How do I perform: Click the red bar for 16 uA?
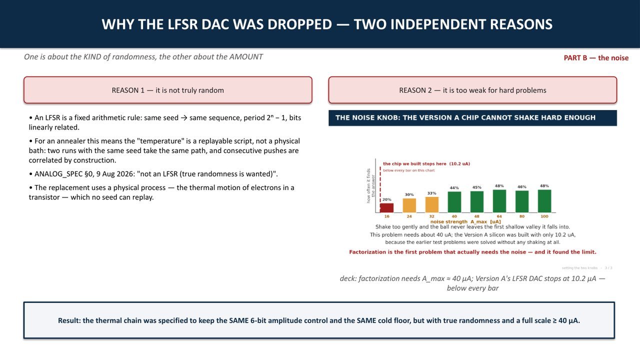[386, 208]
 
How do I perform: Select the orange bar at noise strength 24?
[409, 205]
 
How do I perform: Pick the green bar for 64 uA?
[499, 201]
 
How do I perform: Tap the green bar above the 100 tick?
[544, 201]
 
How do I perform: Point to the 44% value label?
[454, 187]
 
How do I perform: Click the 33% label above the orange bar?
[431, 193]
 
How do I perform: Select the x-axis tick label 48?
[476, 216]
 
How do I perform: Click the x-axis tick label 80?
[521, 216]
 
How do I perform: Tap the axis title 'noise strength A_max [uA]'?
[465, 221]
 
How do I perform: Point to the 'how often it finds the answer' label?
[370, 185]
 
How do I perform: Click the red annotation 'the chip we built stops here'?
[414, 163]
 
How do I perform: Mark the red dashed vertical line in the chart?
[380, 189]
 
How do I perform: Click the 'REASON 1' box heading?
[167, 90]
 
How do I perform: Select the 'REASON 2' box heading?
[472, 90]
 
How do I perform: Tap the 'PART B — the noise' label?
[596, 57]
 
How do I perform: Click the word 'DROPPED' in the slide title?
[299, 24]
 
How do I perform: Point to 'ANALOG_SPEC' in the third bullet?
[58, 174]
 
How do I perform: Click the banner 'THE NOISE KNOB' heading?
[465, 117]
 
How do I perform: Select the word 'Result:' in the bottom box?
[69, 320]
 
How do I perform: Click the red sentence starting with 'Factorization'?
[472, 252]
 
